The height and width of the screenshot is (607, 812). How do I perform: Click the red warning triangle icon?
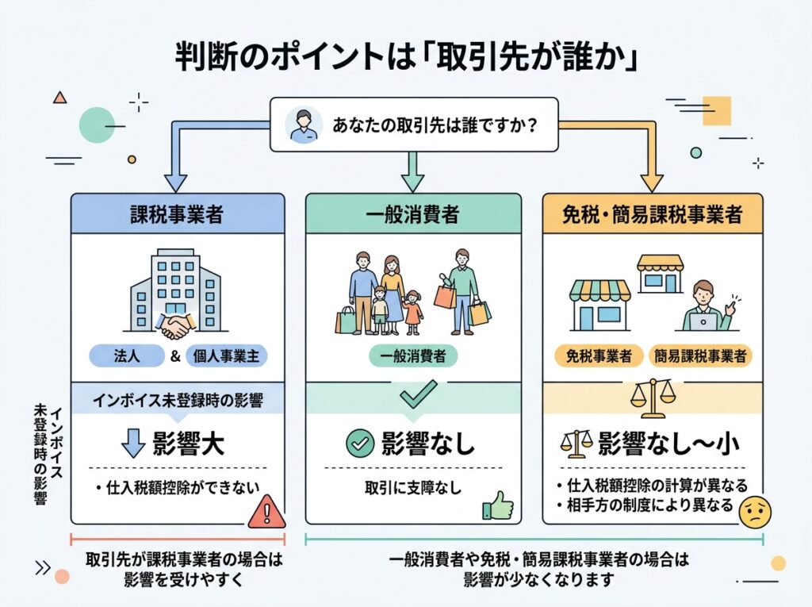click(266, 512)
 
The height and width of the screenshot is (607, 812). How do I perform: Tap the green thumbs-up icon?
click(498, 506)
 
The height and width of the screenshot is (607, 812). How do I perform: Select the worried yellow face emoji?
click(756, 512)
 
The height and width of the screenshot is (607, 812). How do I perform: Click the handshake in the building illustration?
click(175, 325)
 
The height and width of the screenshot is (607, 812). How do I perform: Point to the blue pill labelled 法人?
click(127, 356)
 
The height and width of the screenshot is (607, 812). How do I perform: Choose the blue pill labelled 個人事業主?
click(226, 356)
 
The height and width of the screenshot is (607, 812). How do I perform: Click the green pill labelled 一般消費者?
click(412, 356)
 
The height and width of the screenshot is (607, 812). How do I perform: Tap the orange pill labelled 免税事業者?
click(598, 356)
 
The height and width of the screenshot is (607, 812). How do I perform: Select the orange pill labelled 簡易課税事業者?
click(700, 356)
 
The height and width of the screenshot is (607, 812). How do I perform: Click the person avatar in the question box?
click(302, 125)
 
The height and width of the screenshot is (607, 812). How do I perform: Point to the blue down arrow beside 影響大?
click(133, 443)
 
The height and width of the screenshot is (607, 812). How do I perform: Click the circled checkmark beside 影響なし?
click(360, 444)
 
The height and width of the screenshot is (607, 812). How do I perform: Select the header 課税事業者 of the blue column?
click(177, 214)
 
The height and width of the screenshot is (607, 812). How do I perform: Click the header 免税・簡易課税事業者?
click(653, 214)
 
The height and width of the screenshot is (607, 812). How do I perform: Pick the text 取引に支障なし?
click(412, 488)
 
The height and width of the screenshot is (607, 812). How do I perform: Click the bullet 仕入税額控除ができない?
click(178, 488)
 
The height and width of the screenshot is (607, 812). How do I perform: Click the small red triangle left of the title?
click(60, 97)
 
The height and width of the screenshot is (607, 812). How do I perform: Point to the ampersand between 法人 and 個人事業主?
click(175, 356)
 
